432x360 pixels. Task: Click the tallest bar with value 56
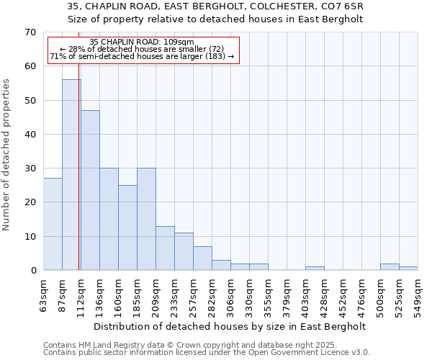(x=71, y=175)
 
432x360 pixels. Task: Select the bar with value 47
(x=90, y=190)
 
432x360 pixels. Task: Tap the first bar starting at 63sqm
(x=53, y=224)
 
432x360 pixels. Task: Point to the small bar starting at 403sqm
(x=315, y=269)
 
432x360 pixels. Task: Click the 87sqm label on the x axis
(x=63, y=292)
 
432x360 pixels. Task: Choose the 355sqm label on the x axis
(x=268, y=294)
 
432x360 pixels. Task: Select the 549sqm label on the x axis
(x=418, y=294)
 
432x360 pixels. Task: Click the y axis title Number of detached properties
(x=6, y=155)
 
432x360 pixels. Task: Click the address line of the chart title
(x=215, y=6)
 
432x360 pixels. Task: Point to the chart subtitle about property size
(x=215, y=19)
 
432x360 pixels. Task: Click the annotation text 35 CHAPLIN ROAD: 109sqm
(x=142, y=42)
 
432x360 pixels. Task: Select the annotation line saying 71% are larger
(x=142, y=56)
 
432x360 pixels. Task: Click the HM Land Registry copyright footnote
(x=180, y=345)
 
